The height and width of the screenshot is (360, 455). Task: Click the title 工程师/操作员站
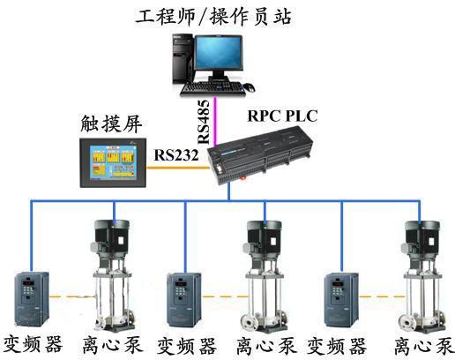pyautogui.click(x=213, y=16)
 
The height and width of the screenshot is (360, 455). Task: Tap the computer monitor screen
pyautogui.click(x=219, y=53)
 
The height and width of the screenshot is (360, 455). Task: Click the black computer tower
pyautogui.click(x=183, y=59)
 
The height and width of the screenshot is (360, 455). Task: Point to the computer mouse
pyautogui.click(x=249, y=87)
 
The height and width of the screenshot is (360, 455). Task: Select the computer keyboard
pyautogui.click(x=213, y=88)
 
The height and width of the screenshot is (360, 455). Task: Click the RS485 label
pyautogui.click(x=204, y=122)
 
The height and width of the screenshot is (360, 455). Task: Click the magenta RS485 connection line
pyautogui.click(x=215, y=121)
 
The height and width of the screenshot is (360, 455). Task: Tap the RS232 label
pyautogui.click(x=176, y=155)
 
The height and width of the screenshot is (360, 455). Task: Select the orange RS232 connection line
pyautogui.click(x=178, y=169)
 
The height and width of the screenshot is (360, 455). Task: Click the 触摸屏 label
pyautogui.click(x=111, y=124)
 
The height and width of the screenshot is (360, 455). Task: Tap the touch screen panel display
pyautogui.click(x=113, y=162)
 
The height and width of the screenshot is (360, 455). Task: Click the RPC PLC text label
pyautogui.click(x=282, y=116)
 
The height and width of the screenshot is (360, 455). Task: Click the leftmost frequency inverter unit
pyautogui.click(x=32, y=299)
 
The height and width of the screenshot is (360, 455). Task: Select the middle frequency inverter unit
pyautogui.click(x=184, y=300)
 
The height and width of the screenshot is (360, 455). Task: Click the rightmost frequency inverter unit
pyautogui.click(x=341, y=300)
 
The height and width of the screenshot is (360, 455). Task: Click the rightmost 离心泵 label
pyautogui.click(x=423, y=346)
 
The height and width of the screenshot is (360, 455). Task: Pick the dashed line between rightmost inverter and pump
pyautogui.click(x=382, y=297)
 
